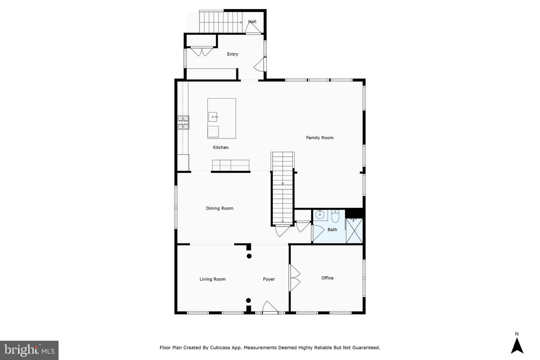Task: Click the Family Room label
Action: point(319,138)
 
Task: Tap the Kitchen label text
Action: point(220,147)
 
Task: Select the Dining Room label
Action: point(219,208)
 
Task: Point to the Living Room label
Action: point(212,279)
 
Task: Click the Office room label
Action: point(327,278)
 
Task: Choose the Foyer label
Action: point(268,279)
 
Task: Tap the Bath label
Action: point(332,229)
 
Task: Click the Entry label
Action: point(232,54)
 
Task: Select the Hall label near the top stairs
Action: point(252,21)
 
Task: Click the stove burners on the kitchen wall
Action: point(183,122)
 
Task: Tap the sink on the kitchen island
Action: point(213,117)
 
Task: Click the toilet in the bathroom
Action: point(335,216)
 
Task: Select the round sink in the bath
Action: point(320,215)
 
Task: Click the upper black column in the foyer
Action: point(249,256)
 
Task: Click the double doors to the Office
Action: point(294,278)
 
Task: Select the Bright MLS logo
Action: point(29,350)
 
